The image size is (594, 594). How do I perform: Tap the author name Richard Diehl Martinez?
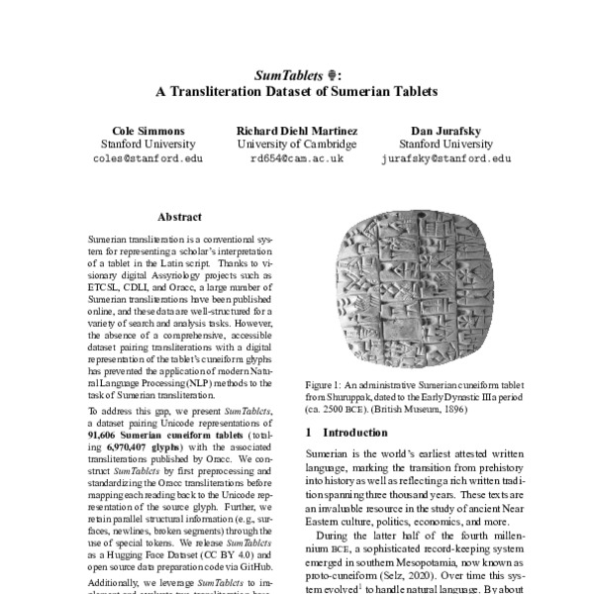point(297,131)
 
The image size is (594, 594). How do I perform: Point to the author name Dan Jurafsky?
point(445,131)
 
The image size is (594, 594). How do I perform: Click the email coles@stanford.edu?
point(148,157)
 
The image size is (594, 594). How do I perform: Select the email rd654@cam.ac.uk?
point(297,157)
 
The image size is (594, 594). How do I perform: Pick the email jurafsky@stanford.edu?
point(445,157)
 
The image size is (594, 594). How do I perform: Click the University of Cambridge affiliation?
point(297,145)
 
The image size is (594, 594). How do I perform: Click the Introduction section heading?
point(346,433)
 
